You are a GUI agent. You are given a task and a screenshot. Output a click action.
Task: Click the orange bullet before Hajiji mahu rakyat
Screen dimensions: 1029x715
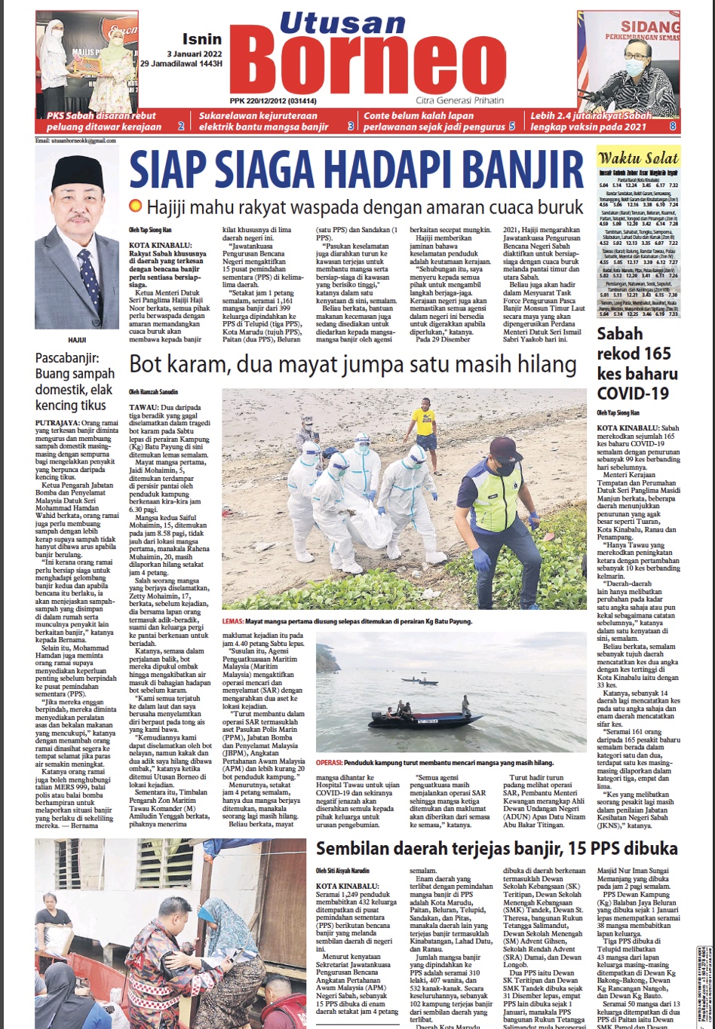135,206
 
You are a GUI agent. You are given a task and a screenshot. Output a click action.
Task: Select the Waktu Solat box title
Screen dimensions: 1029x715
638,158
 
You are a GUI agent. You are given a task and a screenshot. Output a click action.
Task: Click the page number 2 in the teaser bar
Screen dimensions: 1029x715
180,127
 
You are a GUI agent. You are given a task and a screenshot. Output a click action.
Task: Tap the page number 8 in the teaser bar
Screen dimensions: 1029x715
673,127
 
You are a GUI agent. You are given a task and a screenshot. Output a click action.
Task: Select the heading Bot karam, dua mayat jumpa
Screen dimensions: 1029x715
353,365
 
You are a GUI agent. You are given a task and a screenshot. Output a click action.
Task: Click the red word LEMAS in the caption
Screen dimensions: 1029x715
233,622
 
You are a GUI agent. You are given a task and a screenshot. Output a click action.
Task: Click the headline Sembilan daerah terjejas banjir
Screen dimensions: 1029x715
496,849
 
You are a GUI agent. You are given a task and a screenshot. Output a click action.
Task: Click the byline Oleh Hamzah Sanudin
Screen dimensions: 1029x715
154,392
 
